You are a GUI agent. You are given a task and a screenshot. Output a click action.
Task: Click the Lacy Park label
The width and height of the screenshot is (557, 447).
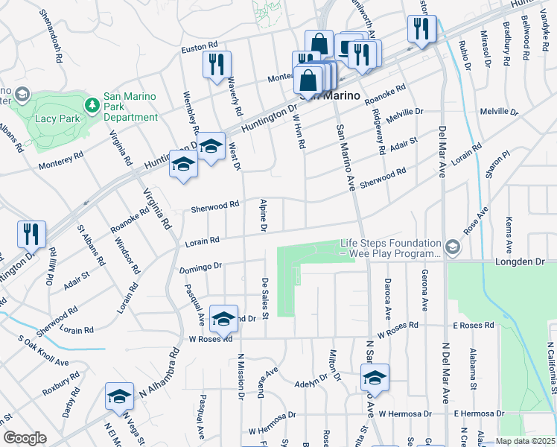(51, 118)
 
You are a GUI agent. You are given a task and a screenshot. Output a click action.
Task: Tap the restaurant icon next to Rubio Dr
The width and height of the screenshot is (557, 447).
(421, 29)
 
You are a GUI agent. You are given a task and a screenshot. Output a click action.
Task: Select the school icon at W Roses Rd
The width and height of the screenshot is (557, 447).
(223, 318)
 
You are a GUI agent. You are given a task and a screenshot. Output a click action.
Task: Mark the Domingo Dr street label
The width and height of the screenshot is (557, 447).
(201, 266)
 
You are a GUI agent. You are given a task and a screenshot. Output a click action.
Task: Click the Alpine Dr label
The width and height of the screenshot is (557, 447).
(263, 215)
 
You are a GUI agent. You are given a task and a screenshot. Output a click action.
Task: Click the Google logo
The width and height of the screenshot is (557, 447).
(25, 438)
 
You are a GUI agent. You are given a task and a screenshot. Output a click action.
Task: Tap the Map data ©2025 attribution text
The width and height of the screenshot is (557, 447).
(526, 441)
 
